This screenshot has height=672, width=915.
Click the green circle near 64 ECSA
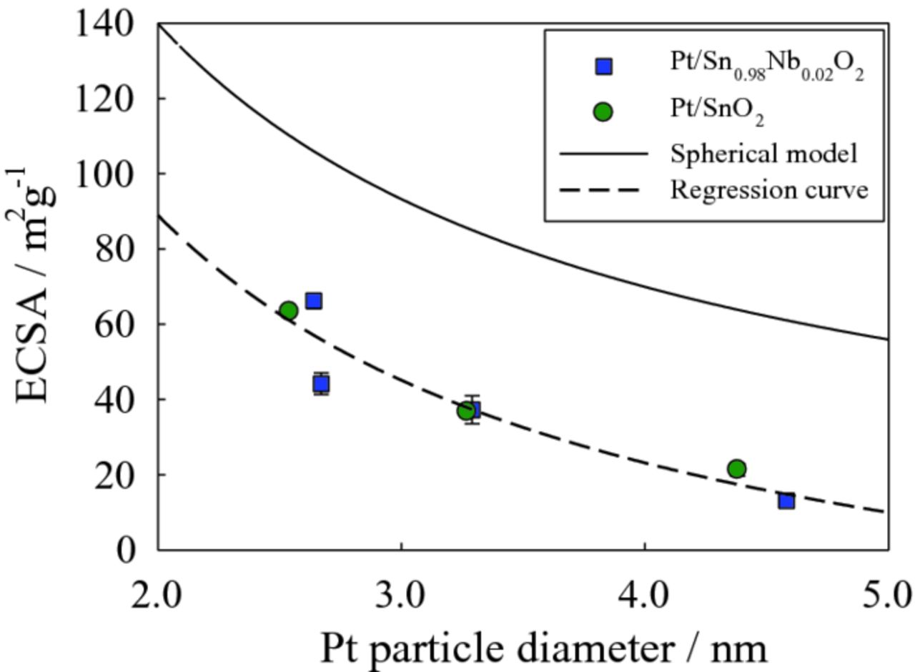tap(289, 310)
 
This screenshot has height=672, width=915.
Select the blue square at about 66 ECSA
tap(314, 301)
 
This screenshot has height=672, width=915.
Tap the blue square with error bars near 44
tap(322, 385)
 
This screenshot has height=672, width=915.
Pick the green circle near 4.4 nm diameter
tap(737, 469)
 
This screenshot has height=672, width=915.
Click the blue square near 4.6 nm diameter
tap(787, 501)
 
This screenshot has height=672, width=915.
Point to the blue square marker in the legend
tap(604, 67)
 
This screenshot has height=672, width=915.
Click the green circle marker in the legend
tap(604, 112)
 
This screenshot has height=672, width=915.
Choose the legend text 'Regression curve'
tap(769, 191)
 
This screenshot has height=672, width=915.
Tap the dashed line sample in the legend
tap(603, 191)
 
